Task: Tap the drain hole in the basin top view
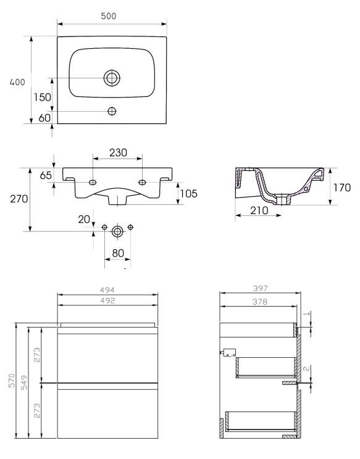coord(112,78)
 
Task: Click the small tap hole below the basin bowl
coord(112,111)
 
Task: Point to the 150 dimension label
coord(42,97)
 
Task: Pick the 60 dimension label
coord(44,118)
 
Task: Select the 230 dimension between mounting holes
coord(117,152)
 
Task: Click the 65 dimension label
coord(46,175)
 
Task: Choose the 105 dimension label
coord(188,194)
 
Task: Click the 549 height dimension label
coord(24,381)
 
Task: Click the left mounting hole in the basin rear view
coord(92,183)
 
